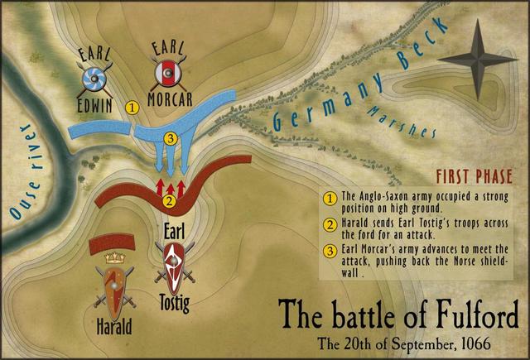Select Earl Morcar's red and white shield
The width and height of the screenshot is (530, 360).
click(x=168, y=75)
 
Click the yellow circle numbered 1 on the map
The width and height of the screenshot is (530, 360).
click(x=131, y=107)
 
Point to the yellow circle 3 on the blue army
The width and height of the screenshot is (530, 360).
click(x=171, y=137)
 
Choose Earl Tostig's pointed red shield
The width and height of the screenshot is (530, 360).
click(x=175, y=265)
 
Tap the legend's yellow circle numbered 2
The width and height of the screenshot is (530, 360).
click(x=329, y=223)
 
